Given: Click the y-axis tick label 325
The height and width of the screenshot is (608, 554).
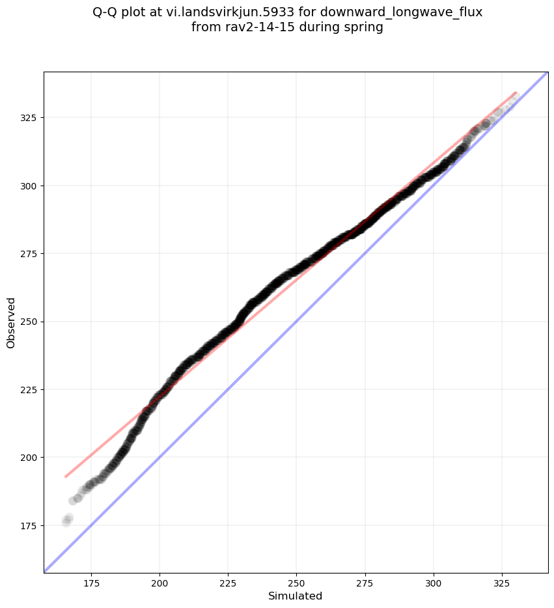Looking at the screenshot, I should [29, 118].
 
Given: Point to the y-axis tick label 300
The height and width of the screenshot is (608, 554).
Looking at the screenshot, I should [29, 186].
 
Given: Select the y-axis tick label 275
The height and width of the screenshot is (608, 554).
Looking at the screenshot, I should [29, 254].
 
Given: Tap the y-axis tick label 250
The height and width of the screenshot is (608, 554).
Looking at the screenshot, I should [29, 322].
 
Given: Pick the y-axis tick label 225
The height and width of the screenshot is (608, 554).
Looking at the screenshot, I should [29, 389].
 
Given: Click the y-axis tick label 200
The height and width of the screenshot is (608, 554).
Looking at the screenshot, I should [29, 458].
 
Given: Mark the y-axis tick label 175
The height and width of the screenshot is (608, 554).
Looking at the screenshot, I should [29, 525].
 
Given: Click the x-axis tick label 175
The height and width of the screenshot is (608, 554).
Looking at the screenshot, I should [91, 583].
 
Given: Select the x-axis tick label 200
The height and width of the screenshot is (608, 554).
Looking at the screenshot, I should [159, 583].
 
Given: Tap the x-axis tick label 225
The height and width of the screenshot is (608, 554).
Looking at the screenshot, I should [228, 583].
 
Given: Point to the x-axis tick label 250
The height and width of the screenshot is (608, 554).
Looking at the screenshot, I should [296, 583].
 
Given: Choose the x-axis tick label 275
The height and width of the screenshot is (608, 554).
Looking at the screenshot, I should [365, 583].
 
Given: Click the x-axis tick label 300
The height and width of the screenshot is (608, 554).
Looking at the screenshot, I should [433, 583].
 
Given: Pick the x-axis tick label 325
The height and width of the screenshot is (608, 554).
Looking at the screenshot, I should [501, 583].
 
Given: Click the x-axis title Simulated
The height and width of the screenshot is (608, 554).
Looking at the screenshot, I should [296, 596].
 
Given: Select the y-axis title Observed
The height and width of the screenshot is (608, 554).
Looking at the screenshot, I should [11, 322].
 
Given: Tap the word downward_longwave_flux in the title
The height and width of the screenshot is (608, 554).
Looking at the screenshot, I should [401, 12].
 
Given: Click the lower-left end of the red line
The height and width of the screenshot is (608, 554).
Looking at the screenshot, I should [66, 477].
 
